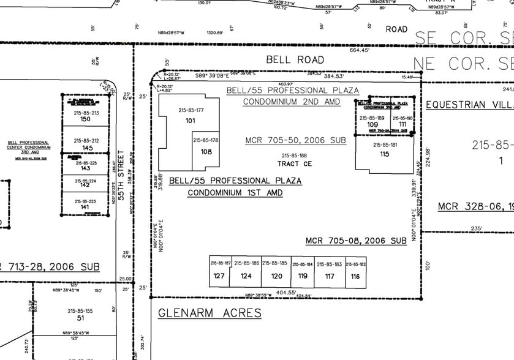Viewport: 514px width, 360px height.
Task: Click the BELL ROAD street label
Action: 295,59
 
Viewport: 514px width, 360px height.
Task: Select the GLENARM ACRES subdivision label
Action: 210,313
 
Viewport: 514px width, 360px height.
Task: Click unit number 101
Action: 190,121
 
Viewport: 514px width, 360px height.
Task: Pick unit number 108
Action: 206,151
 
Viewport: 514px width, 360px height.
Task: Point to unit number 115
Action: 385,154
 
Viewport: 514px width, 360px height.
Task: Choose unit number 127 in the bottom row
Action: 219,276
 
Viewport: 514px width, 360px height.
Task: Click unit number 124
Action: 246,276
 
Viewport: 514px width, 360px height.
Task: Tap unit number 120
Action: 276,276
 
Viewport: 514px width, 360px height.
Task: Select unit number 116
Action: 356,276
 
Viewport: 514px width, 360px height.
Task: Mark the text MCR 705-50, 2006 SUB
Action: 295,140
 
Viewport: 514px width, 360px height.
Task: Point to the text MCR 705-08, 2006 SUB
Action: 356,241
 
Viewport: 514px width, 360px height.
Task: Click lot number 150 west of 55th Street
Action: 86,119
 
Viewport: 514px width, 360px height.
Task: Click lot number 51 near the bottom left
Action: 80,318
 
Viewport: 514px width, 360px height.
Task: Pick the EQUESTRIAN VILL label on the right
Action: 469,105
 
